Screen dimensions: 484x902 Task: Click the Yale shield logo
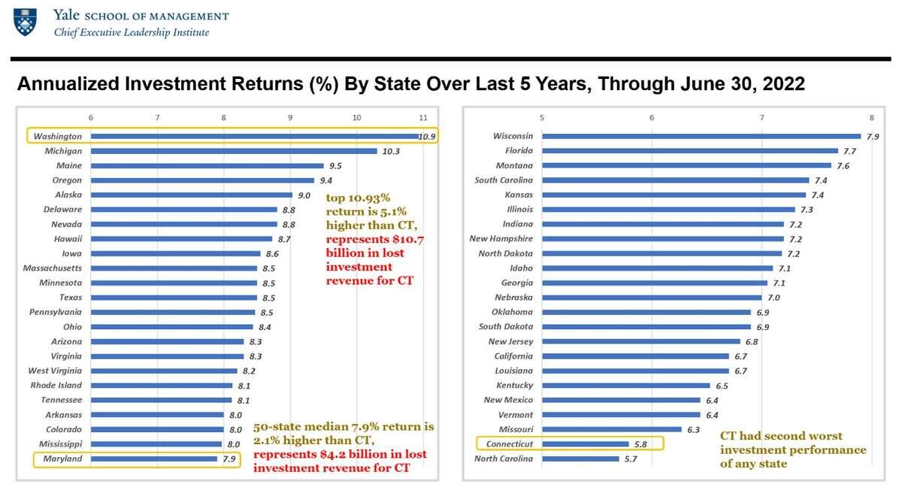tap(25, 23)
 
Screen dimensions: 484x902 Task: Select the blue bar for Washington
tap(256, 137)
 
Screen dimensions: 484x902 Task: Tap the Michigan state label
tap(63, 151)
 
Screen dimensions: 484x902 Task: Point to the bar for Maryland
tap(154, 458)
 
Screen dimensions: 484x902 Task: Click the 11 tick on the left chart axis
tap(423, 118)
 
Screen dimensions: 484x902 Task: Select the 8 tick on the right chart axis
tap(871, 118)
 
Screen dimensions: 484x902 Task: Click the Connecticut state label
tap(509, 444)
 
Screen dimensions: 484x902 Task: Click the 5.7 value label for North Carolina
tap(631, 458)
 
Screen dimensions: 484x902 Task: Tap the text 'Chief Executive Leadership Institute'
tap(131, 33)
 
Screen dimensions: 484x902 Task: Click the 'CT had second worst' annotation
tap(781, 436)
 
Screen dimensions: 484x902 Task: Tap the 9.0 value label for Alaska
tap(304, 195)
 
